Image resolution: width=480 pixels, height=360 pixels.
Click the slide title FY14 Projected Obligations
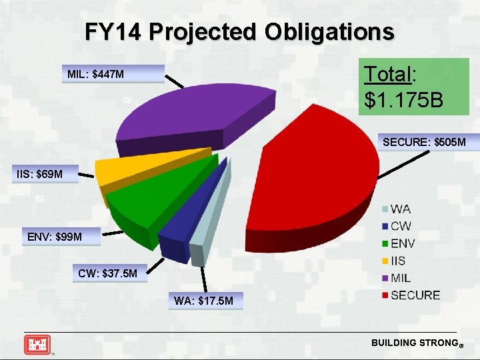[239, 31]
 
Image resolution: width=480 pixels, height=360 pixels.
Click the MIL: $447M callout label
[113, 73]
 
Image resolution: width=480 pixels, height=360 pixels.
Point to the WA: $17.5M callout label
[204, 301]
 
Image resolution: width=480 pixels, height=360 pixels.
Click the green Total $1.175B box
[413, 87]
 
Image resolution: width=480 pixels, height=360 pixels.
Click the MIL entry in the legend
[401, 277]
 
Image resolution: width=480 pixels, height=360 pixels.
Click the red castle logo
[37, 344]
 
